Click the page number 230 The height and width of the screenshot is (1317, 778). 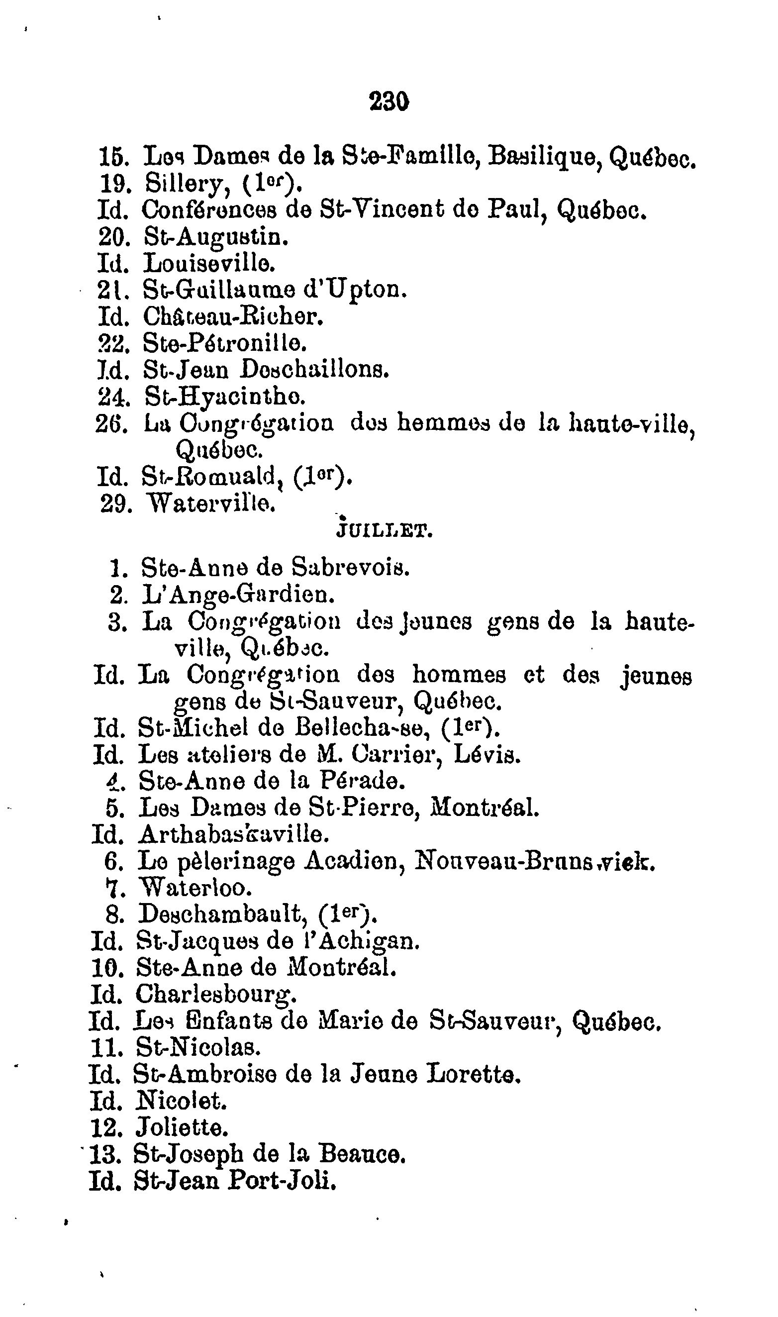pos(389,101)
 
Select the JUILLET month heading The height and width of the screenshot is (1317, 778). pos(385,532)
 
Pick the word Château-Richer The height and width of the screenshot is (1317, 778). pos(233,316)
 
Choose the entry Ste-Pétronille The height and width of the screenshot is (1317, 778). pos(224,344)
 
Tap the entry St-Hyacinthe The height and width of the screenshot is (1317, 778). pos(225,397)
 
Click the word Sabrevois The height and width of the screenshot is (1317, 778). pos(350,567)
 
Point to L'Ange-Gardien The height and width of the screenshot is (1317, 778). pos(237,595)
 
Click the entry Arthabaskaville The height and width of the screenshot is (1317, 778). pos(233,835)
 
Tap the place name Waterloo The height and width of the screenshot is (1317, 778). pos(195,888)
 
